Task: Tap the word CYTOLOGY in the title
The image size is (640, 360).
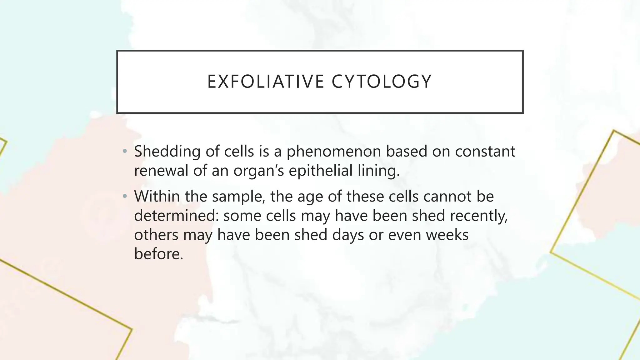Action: point(382,82)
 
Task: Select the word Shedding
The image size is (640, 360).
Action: point(167,152)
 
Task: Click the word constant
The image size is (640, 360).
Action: point(485,152)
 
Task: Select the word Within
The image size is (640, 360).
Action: point(157,197)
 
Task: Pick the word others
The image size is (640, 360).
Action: point(156,235)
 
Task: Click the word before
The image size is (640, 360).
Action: point(158,253)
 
